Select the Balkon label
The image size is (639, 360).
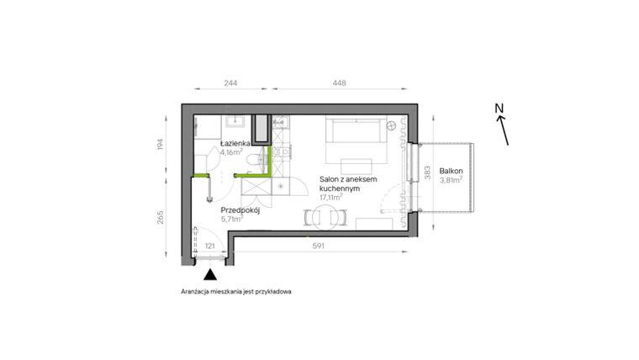(x=452, y=170)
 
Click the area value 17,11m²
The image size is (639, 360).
(x=337, y=199)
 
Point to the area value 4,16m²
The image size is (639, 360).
(x=232, y=153)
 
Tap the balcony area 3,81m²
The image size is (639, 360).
(x=452, y=179)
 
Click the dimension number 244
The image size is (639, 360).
(x=230, y=83)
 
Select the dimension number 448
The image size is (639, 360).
(x=339, y=83)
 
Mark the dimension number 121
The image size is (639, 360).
(x=210, y=246)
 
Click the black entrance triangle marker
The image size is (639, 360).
(x=209, y=273)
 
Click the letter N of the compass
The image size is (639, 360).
(x=498, y=108)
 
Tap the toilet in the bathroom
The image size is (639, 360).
(x=260, y=159)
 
